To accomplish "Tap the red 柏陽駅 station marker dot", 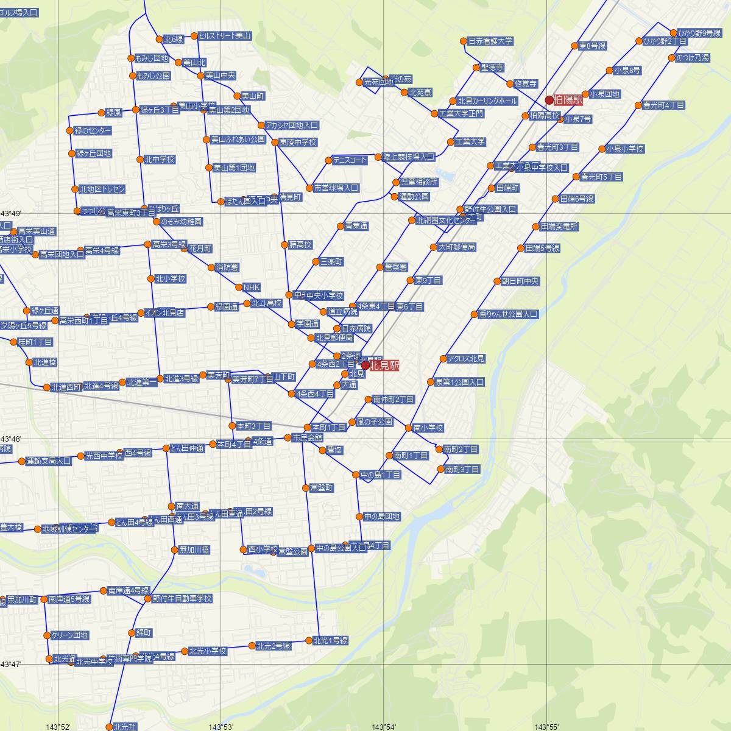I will (x=549, y=99).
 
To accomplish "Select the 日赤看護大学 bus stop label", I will (x=490, y=41).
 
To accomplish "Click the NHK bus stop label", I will (x=251, y=287).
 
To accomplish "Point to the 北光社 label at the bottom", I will (x=125, y=727).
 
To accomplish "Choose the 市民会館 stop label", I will (x=308, y=437).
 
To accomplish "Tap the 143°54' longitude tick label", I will (x=384, y=727).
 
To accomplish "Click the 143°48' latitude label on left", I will (x=11, y=439).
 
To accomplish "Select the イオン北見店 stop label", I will (x=164, y=313).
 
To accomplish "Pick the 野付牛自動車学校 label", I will (x=182, y=599).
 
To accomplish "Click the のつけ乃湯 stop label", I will (x=693, y=58).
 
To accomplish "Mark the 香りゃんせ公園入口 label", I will (x=508, y=314).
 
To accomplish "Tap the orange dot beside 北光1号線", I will (x=308, y=640).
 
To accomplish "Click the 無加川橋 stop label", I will (x=194, y=549).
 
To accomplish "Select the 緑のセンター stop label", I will (x=93, y=131).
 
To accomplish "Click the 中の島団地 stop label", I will (x=382, y=517).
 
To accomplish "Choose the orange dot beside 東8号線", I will (x=574, y=46).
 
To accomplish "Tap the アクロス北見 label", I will (x=466, y=359).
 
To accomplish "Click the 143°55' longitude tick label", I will (x=546, y=727).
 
